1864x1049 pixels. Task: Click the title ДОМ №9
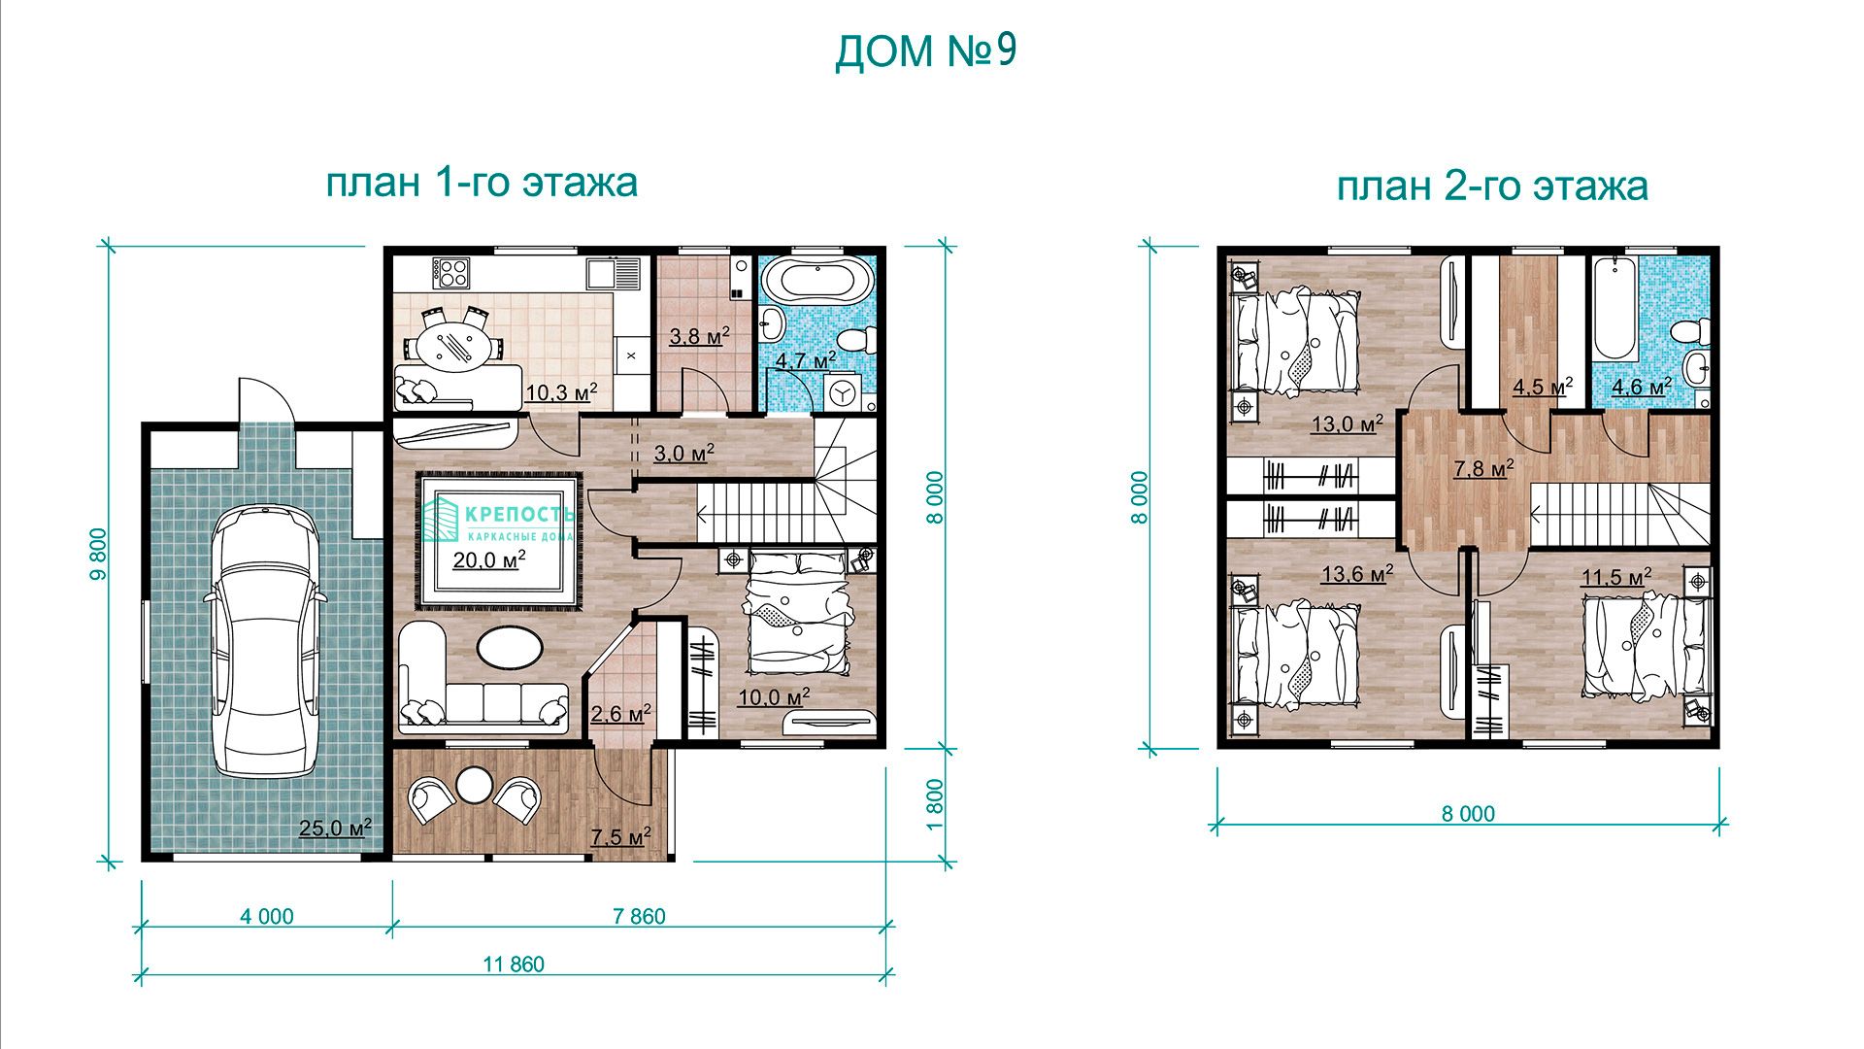pos(925,51)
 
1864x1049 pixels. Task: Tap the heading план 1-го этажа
pos(482,182)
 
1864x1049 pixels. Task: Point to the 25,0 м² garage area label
pos(335,829)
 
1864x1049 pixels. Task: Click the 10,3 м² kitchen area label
pos(561,392)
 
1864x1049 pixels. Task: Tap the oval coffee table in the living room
pos(510,647)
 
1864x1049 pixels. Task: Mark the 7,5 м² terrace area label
pos(620,837)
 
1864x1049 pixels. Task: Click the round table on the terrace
pos(475,786)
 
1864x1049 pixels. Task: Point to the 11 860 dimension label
pos(514,964)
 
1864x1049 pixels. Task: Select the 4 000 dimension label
pos(266,916)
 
